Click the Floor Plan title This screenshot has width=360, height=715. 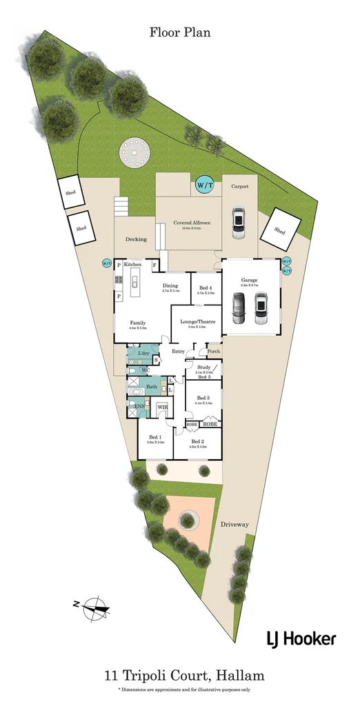coord(179,32)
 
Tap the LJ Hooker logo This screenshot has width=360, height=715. coord(301,639)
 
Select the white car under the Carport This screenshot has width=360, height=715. coord(238,223)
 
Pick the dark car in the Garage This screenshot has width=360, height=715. coord(239,308)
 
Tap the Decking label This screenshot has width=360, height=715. coord(136,239)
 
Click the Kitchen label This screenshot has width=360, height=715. coord(132,265)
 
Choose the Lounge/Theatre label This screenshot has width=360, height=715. coord(197,322)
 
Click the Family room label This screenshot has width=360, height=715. coord(138,323)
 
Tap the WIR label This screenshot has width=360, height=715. coord(163,407)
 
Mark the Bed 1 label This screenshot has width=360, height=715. coord(156,437)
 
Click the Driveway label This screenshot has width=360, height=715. coord(234,525)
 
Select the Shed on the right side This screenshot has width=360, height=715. coord(280,230)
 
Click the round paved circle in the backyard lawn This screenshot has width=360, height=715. coord(132,152)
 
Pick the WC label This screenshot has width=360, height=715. coord(146,370)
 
